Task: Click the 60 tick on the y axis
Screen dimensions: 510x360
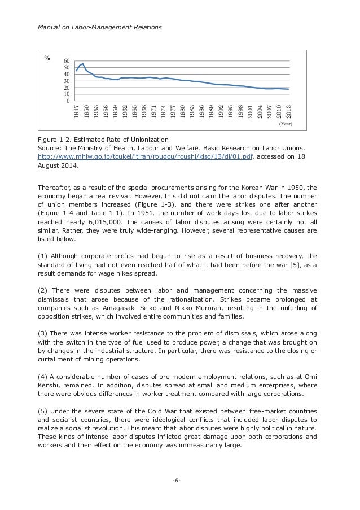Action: click(67, 60)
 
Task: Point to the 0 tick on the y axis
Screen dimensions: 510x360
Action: click(68, 101)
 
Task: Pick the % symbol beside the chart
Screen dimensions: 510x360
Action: click(47, 58)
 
